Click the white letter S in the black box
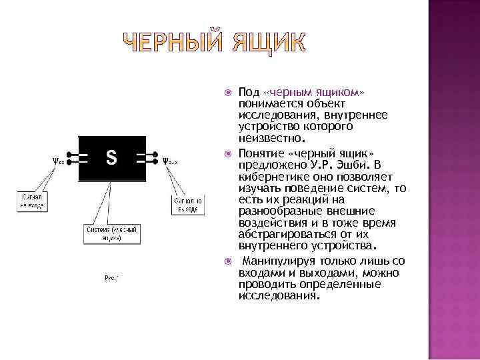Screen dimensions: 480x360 tap(112, 158)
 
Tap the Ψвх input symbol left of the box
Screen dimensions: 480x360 tap(58, 160)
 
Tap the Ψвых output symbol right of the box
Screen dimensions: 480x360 tap(169, 160)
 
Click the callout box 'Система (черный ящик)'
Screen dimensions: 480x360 tap(113, 233)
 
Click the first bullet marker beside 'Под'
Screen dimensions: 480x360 tap(228, 91)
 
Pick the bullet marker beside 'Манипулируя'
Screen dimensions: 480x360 tap(228, 261)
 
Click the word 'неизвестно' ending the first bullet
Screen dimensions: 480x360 tap(270, 139)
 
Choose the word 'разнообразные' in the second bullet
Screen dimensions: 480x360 tap(279, 211)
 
